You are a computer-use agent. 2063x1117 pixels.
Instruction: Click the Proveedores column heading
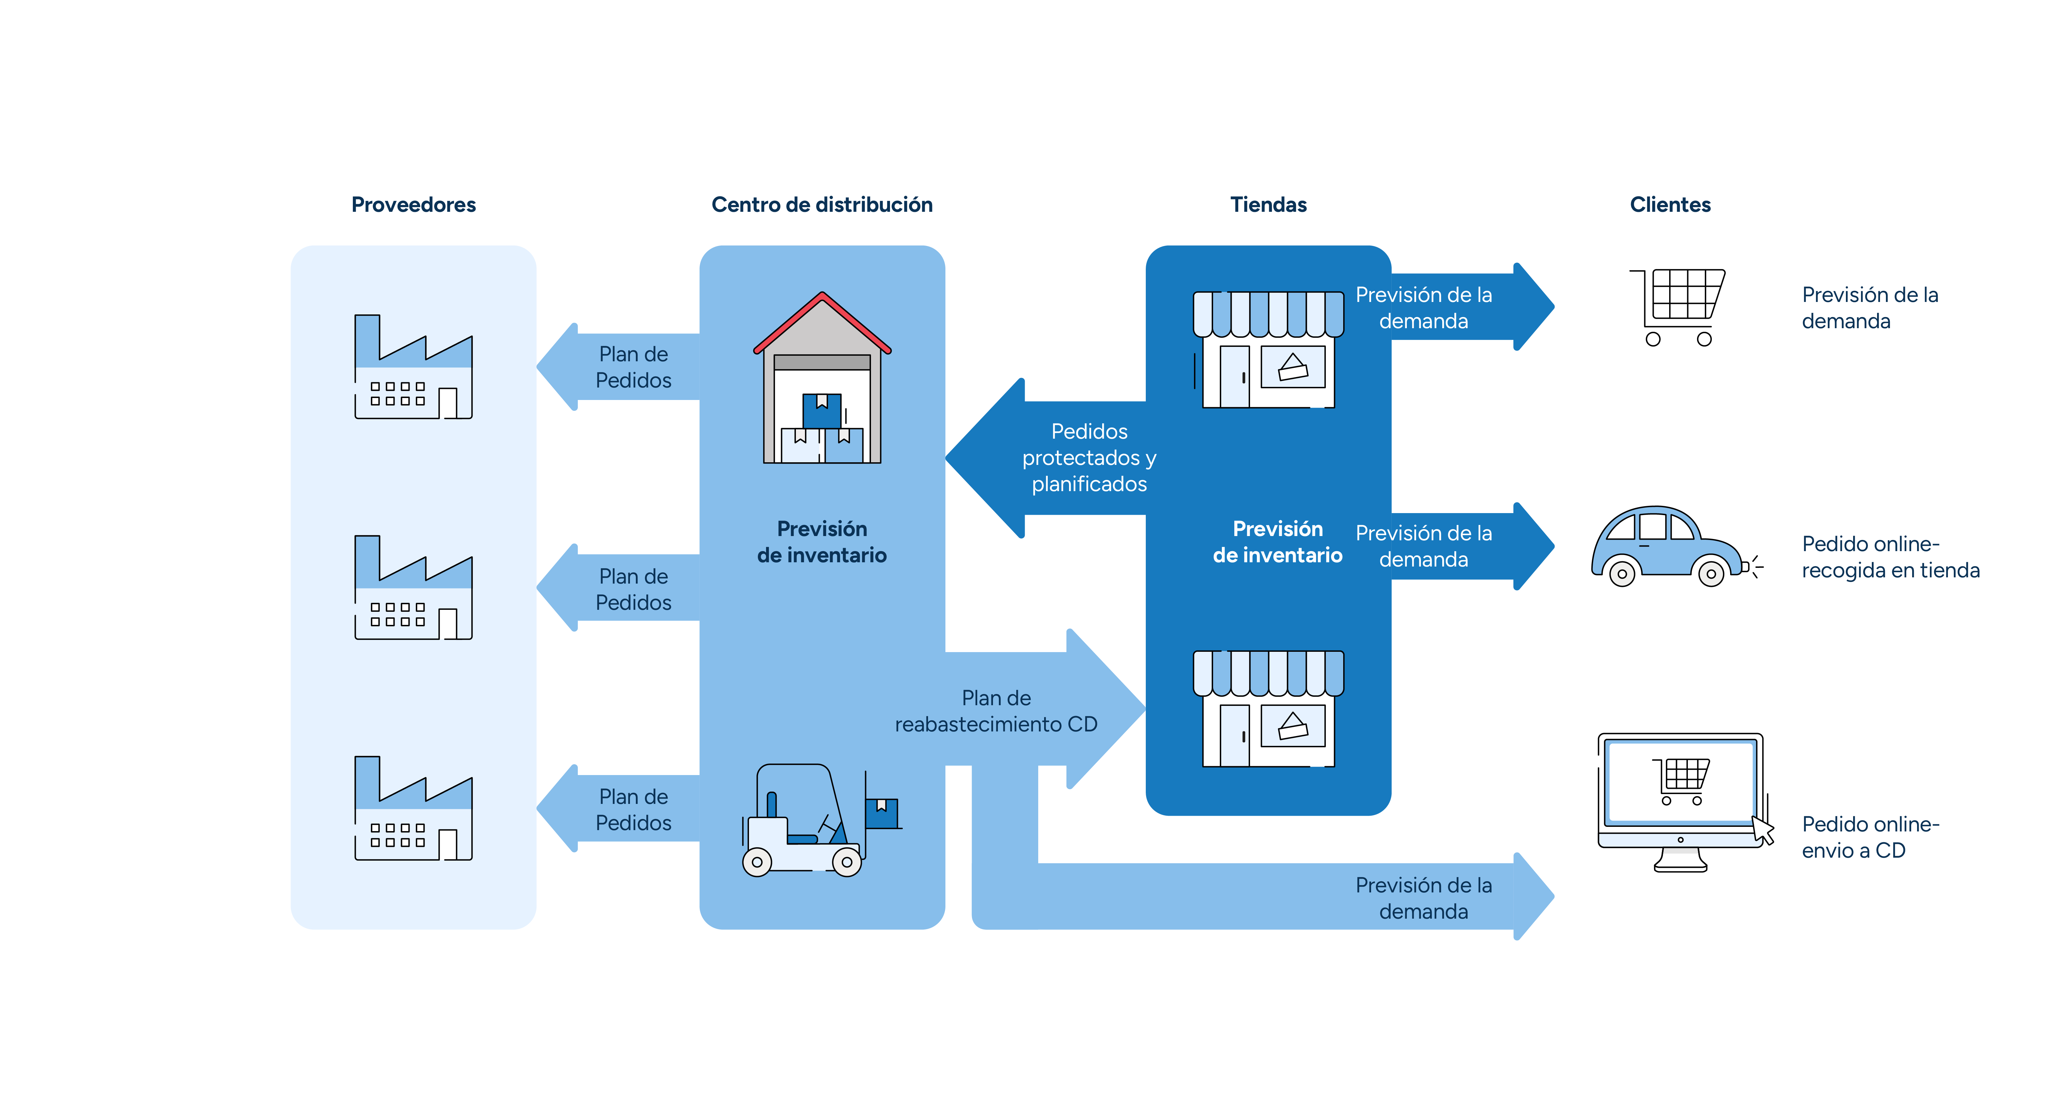[x=413, y=205]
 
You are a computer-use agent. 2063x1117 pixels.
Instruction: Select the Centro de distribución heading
[x=822, y=205]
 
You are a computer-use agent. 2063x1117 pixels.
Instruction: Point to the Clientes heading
[x=1670, y=205]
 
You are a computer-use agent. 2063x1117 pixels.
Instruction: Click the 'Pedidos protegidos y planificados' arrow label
[x=1089, y=458]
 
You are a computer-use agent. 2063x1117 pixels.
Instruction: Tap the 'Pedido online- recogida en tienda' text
[x=1890, y=557]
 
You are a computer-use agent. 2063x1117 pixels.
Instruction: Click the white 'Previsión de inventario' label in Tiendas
[x=1277, y=542]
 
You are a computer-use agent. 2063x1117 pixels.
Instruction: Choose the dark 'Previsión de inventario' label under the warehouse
[x=822, y=542]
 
